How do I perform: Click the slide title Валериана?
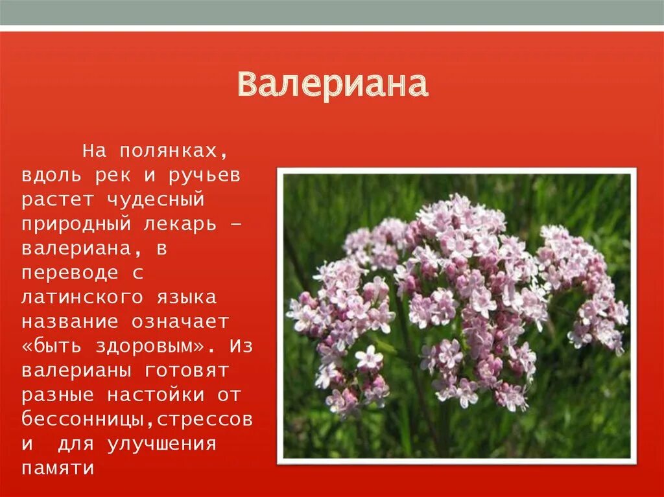tap(332, 86)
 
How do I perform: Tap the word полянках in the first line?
tap(172, 152)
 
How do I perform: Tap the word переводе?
tap(69, 273)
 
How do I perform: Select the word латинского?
tap(85, 297)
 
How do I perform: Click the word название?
tap(69, 322)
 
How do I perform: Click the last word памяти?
tap(58, 468)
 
